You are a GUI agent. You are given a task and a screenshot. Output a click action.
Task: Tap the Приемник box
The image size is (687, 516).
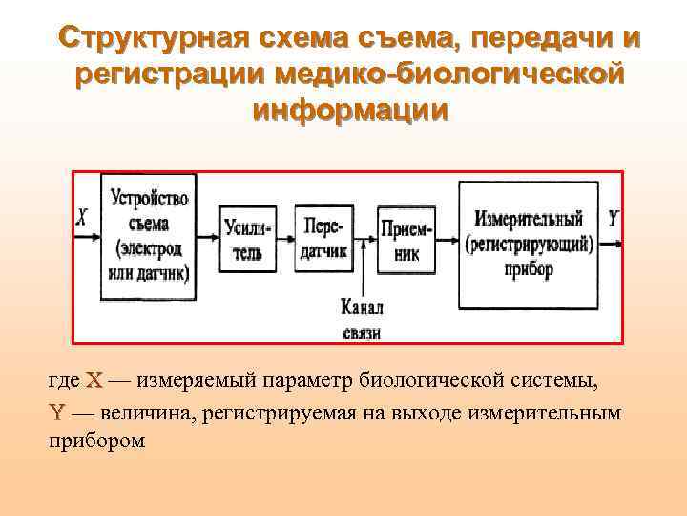tap(406, 241)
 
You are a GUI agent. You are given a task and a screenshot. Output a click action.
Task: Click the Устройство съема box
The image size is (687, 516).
tap(149, 237)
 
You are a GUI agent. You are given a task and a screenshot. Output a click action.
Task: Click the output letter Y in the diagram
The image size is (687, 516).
tap(613, 220)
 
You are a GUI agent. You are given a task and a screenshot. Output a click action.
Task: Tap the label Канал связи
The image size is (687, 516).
tap(362, 319)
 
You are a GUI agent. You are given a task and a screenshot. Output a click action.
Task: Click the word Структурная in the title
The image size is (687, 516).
tap(153, 39)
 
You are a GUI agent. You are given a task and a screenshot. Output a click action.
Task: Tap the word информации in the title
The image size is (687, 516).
tap(348, 108)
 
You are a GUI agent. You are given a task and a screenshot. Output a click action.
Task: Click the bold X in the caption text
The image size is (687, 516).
tap(94, 381)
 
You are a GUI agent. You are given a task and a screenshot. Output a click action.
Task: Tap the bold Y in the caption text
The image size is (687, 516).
tap(56, 413)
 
